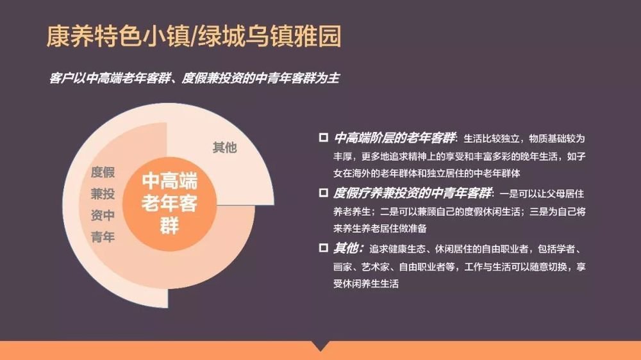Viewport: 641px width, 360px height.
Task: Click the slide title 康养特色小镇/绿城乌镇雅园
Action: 194,37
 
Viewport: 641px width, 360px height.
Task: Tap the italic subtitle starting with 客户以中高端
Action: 194,78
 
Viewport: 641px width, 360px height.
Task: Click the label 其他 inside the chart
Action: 224,147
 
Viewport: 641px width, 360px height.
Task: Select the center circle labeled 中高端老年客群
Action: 170,204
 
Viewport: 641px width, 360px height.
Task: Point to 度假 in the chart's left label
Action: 103,172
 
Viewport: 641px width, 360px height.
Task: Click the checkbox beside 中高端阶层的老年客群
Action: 323,137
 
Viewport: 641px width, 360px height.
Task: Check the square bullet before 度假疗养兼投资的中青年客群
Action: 323,192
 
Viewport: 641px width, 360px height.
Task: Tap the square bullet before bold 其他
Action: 323,248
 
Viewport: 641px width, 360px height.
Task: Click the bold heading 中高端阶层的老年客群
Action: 394,138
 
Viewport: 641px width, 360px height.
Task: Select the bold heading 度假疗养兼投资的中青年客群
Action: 412,193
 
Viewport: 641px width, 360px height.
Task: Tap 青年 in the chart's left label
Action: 103,236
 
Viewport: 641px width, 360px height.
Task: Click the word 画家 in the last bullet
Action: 342,267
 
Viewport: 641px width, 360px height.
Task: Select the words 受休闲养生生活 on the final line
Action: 366,284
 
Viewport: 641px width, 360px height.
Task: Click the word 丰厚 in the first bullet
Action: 342,156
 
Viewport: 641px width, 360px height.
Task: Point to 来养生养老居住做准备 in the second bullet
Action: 380,228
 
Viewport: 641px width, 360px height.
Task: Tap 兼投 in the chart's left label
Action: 103,193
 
